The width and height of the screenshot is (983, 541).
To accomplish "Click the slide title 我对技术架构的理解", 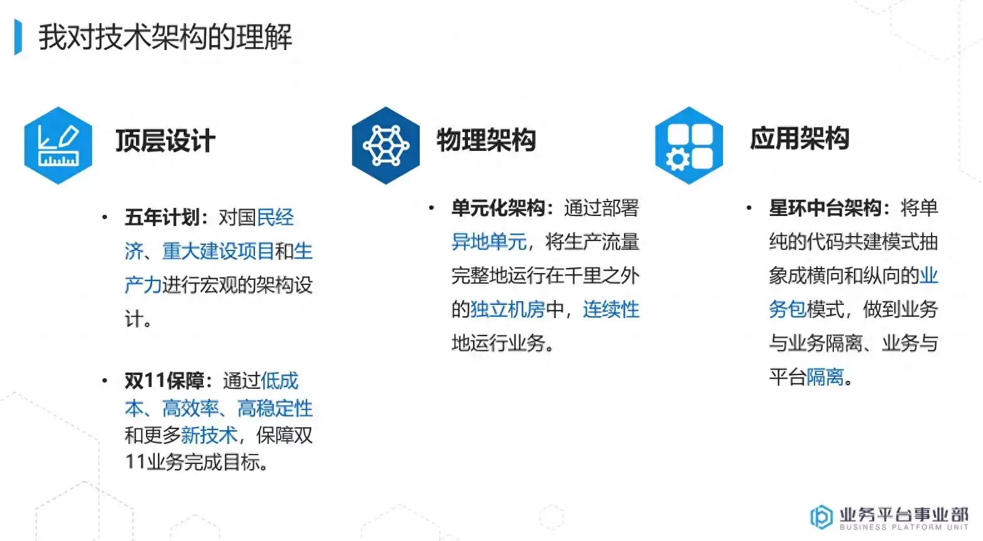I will [x=165, y=38].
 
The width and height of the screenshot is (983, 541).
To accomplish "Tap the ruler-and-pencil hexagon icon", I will [x=58, y=145].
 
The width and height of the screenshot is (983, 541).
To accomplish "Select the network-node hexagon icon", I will [x=386, y=145].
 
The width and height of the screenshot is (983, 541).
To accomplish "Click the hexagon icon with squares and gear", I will [x=689, y=145].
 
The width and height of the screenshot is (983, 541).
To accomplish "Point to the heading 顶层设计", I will [x=165, y=140].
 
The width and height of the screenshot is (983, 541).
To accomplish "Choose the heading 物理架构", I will [x=486, y=140].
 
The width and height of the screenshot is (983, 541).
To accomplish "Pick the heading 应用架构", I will [x=799, y=138].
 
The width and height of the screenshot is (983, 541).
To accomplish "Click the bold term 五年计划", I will [x=162, y=217].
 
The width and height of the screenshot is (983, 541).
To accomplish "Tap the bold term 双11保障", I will [x=164, y=380].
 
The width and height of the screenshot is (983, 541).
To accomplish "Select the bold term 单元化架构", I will [x=498, y=208].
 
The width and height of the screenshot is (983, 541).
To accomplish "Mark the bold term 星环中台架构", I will [x=825, y=208].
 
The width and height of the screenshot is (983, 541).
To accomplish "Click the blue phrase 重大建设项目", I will [x=218, y=251].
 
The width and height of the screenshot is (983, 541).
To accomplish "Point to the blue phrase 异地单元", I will [x=489, y=242].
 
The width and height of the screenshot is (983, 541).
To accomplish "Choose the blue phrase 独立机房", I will [x=507, y=309].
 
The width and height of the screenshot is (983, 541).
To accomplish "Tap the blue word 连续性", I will [x=611, y=309].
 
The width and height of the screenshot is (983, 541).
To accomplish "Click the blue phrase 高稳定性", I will [x=274, y=408].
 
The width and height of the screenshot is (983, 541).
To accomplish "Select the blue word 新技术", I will [x=209, y=435].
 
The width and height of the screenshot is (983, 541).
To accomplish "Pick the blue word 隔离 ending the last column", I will [x=825, y=377].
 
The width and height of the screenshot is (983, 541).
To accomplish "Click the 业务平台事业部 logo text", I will [x=903, y=515].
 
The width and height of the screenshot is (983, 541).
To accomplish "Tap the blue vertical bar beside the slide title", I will [x=18, y=38].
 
